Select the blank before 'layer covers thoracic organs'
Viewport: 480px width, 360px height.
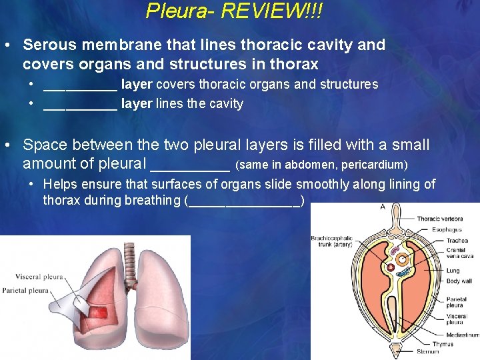click(80, 85)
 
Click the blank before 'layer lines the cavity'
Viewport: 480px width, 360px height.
click(80, 105)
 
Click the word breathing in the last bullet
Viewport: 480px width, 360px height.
click(153, 200)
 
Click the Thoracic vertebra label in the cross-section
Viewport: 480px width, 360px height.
click(439, 219)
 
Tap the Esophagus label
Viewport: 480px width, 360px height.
click(447, 230)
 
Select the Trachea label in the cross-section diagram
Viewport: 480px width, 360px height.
click(457, 241)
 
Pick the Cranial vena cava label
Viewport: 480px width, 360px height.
click(460, 254)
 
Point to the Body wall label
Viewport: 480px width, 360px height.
click(459, 282)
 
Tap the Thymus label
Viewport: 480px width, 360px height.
click(443, 344)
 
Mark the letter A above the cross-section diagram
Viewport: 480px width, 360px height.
click(382, 207)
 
